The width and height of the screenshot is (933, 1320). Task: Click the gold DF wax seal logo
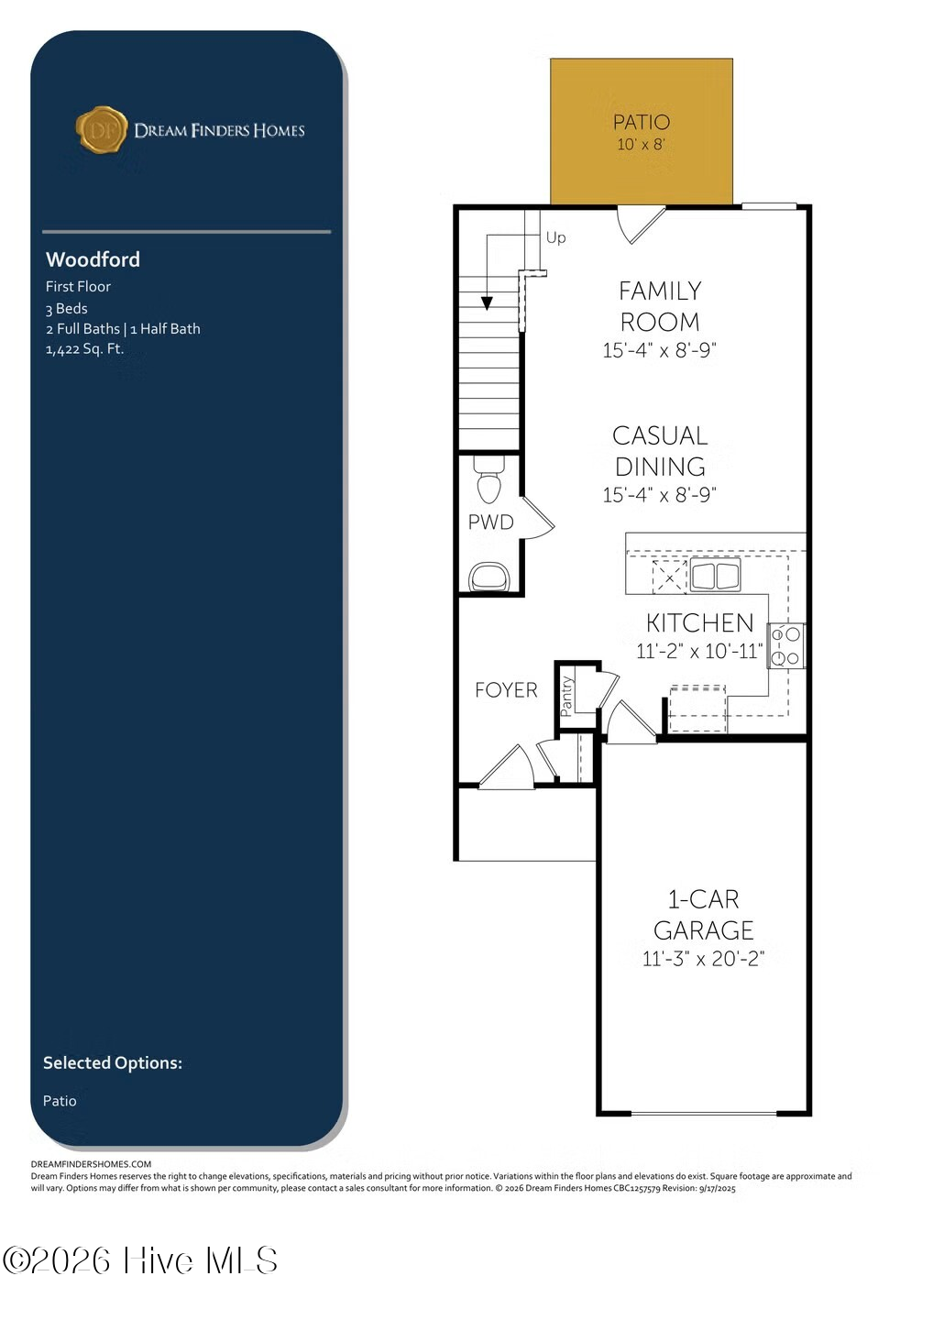click(x=102, y=129)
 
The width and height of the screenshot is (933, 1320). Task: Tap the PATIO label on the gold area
click(x=642, y=122)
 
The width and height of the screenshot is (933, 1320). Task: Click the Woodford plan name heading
click(x=93, y=259)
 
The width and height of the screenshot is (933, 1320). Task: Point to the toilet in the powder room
click(x=488, y=479)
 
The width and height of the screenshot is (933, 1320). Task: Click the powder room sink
click(x=488, y=577)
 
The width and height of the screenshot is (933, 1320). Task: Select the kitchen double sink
click(x=715, y=575)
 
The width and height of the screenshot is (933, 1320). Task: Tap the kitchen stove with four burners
click(x=785, y=646)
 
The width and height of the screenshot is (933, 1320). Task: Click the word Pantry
click(x=566, y=696)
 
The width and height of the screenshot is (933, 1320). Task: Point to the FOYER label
click(x=506, y=690)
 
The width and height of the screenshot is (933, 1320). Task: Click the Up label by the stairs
click(x=555, y=237)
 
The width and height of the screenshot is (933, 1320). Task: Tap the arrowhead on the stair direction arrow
click(x=487, y=302)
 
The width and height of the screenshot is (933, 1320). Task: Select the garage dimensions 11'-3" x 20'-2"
click(x=703, y=960)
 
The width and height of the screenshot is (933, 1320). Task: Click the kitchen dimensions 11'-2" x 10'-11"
click(x=700, y=651)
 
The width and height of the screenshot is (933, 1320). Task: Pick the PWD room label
click(x=490, y=522)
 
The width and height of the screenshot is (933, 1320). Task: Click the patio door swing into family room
click(x=641, y=225)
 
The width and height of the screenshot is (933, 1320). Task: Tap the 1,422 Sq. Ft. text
click(x=85, y=349)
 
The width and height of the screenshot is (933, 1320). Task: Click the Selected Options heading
click(x=113, y=1063)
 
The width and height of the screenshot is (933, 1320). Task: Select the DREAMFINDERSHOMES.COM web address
click(x=91, y=1164)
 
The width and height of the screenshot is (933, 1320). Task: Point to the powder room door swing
click(x=537, y=517)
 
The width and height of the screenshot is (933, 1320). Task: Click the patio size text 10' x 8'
click(x=641, y=145)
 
